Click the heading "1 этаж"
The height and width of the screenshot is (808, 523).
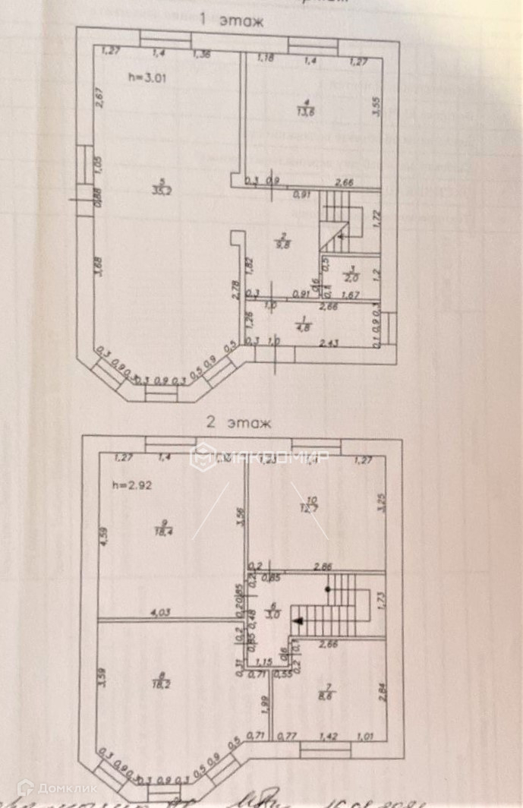point(231,22)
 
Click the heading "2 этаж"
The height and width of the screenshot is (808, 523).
point(237,424)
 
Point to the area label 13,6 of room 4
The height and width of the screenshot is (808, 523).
point(307,112)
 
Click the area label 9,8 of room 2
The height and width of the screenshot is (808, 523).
point(282,245)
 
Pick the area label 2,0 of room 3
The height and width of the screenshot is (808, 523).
point(351,278)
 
